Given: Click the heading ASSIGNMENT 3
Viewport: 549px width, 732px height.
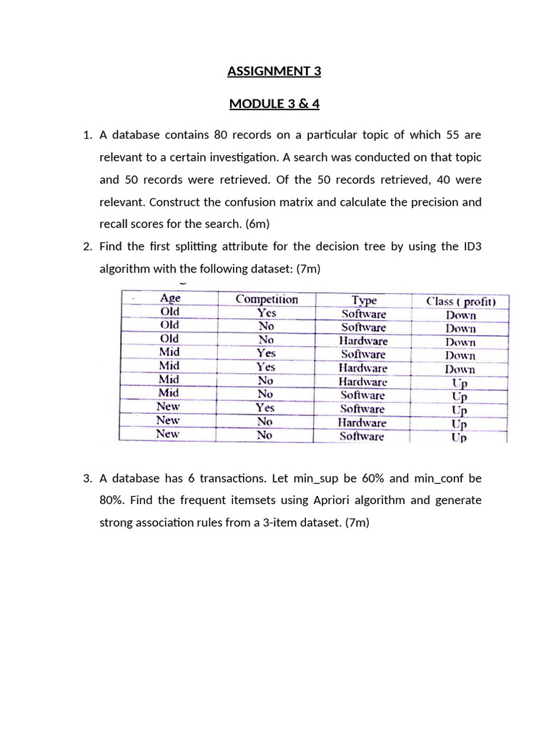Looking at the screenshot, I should pyautogui.click(x=274, y=71).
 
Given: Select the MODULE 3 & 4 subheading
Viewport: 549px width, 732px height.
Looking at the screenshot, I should pyautogui.click(x=274, y=104).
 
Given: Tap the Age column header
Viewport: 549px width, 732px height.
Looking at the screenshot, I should pyautogui.click(x=170, y=298).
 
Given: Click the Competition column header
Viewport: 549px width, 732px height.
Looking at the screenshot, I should pyautogui.click(x=267, y=299).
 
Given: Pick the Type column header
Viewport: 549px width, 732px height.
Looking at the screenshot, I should pyautogui.click(x=363, y=300).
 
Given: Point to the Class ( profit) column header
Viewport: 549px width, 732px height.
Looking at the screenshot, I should pyautogui.click(x=461, y=301).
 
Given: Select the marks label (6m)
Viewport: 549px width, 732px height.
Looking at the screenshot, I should pyautogui.click(x=257, y=224).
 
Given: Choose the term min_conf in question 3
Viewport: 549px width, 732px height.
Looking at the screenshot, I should pyautogui.click(x=441, y=478).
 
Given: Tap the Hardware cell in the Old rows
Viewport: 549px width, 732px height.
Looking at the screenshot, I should pyautogui.click(x=363, y=341).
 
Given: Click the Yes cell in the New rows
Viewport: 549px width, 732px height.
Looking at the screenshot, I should pyautogui.click(x=265, y=407).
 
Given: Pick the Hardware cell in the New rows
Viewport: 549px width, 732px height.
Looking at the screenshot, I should pyautogui.click(x=362, y=422).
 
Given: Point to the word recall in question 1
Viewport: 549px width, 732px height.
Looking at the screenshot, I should pyautogui.click(x=114, y=224).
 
